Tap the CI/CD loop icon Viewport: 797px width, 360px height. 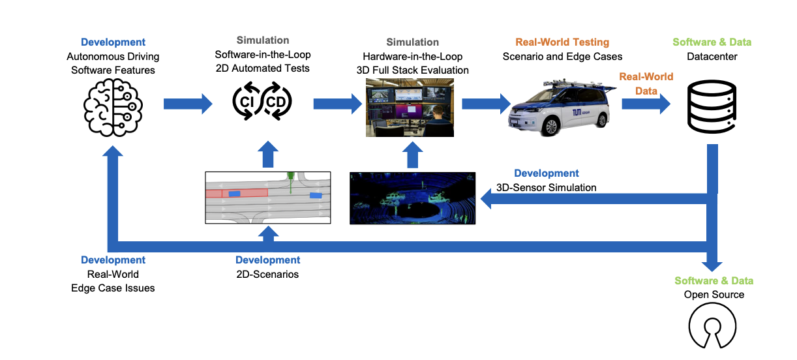(x=263, y=102)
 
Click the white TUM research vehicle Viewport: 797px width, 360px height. (x=559, y=107)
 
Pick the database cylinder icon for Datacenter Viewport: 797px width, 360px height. (x=712, y=107)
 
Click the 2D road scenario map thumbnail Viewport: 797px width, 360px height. (x=267, y=197)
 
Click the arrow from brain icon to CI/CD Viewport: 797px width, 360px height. (x=188, y=103)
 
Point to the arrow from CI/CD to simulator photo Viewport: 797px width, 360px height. (x=337, y=103)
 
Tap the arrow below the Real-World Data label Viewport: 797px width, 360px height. (x=646, y=103)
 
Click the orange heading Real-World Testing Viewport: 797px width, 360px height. (x=562, y=42)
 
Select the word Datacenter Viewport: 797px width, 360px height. (x=712, y=57)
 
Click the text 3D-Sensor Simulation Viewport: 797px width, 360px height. (x=547, y=188)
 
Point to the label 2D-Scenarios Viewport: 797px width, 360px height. (x=267, y=275)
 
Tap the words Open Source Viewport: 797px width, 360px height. (x=714, y=295)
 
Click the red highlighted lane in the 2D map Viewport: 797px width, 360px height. (x=237, y=193)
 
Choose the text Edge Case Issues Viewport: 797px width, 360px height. (x=113, y=288)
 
